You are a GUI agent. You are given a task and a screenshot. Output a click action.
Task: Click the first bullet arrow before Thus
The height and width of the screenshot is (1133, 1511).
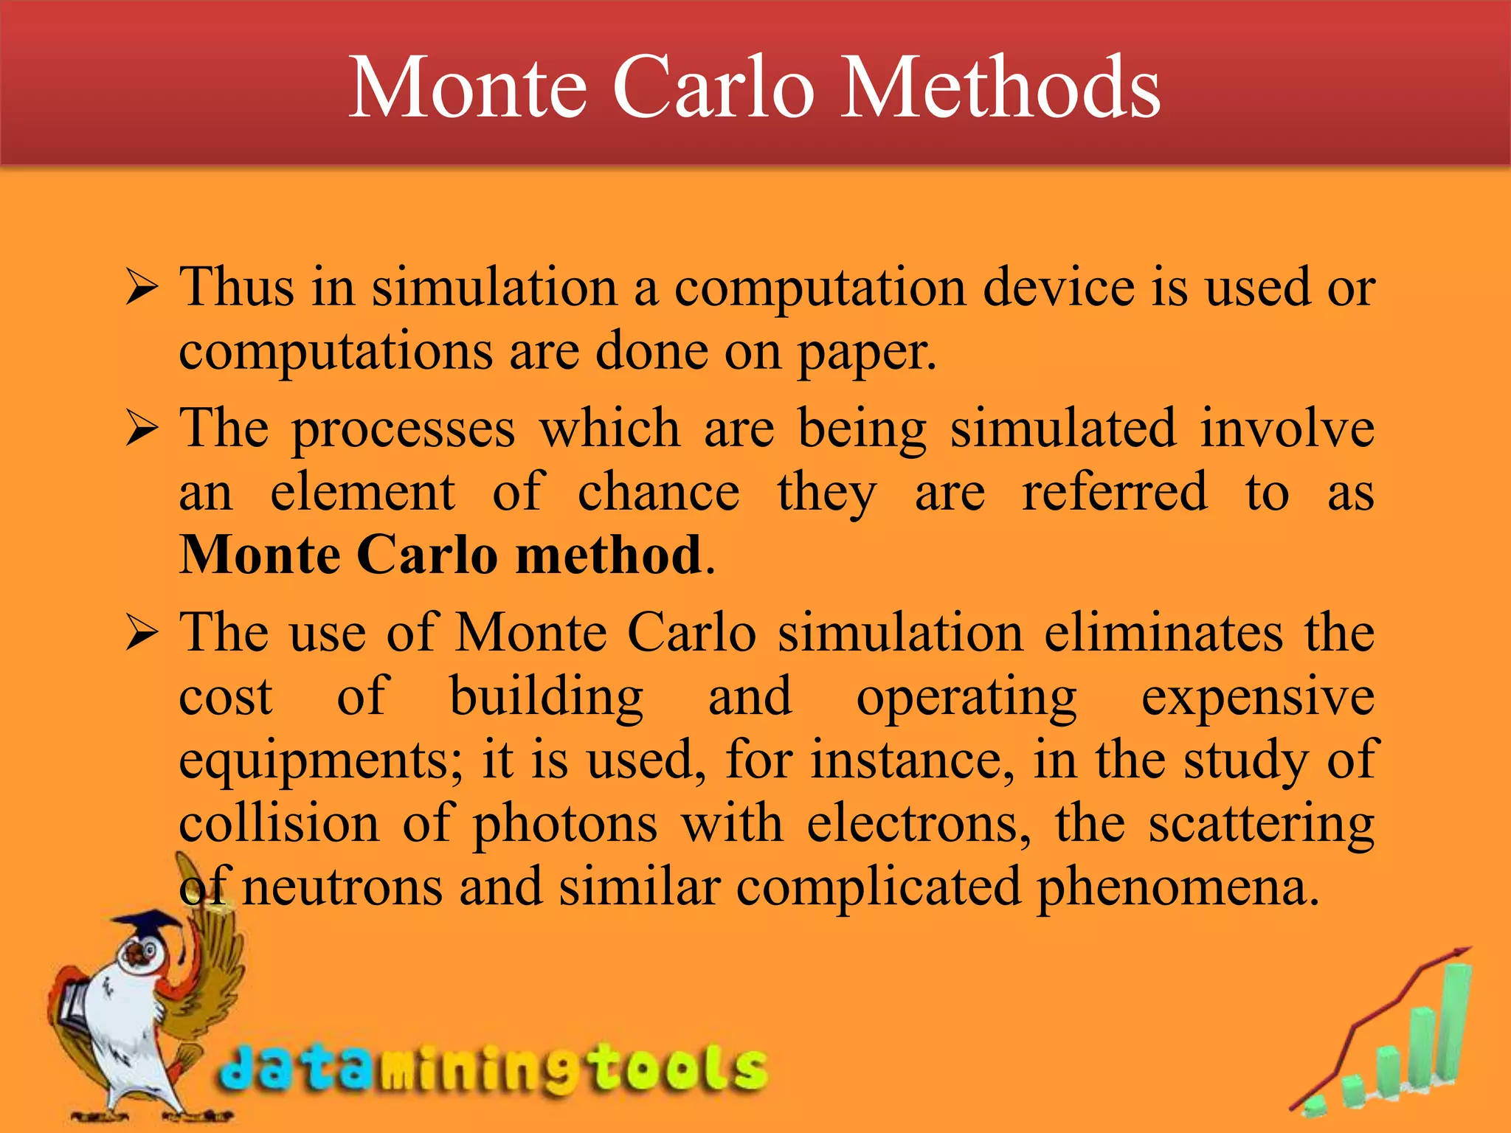coord(141,288)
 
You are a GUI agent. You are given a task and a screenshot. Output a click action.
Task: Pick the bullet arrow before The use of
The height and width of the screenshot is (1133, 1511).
coord(141,634)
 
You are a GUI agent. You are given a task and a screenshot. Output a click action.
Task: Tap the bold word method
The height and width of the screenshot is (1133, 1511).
coord(608,555)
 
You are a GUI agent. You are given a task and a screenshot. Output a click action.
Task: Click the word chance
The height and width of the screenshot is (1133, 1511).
coord(658,492)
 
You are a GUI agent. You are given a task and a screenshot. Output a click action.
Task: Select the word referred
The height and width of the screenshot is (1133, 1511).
coord(1114,492)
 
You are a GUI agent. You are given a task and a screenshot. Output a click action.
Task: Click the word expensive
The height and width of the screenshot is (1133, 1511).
coord(1257,697)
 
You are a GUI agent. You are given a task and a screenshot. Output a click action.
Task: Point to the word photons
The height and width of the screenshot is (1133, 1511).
coord(564,824)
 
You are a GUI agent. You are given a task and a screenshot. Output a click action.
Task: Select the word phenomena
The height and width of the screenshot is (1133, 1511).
coord(1176,887)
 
